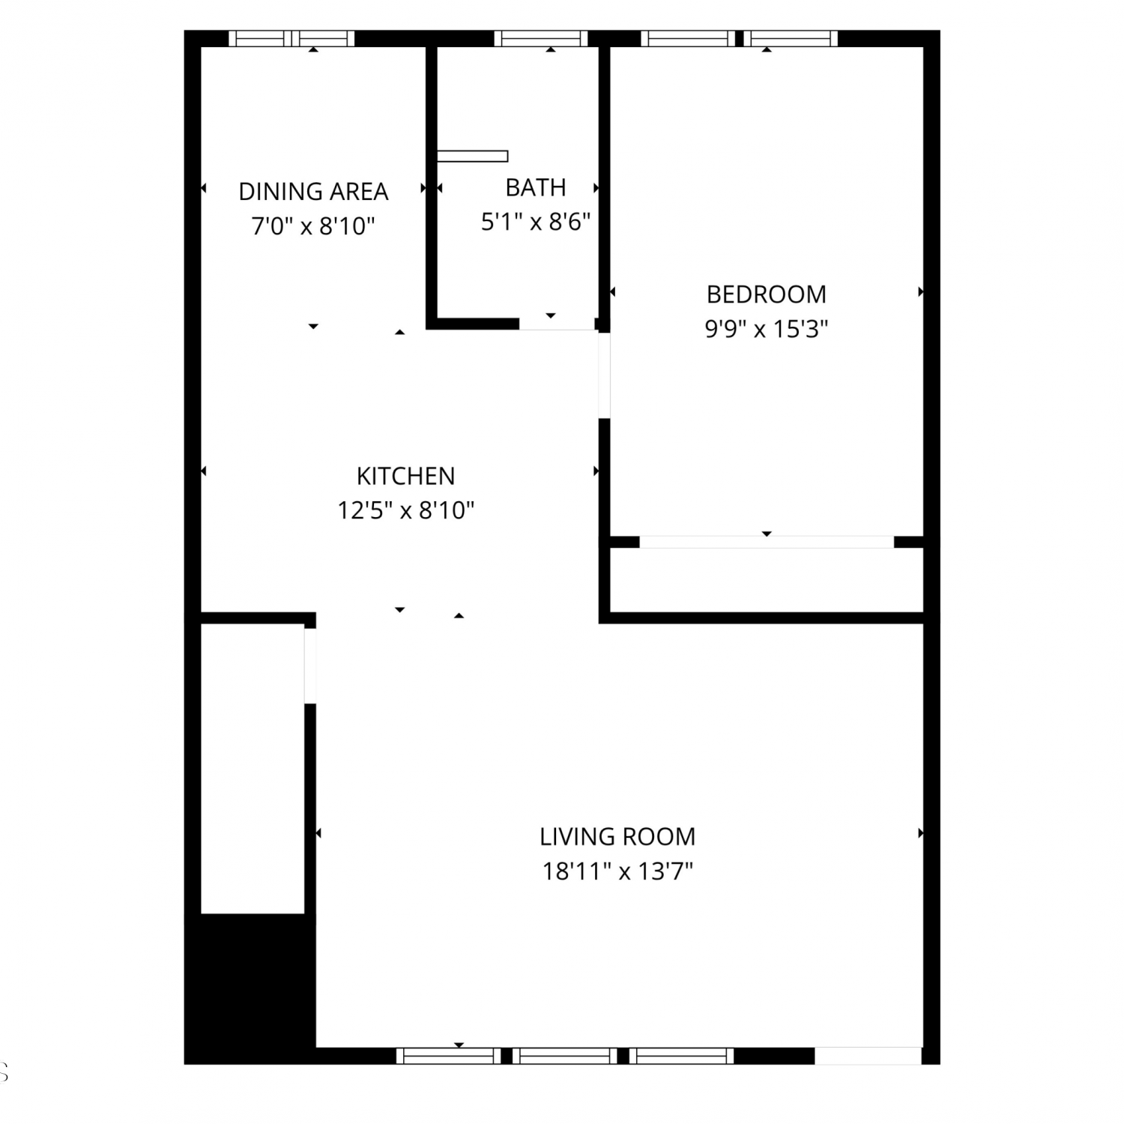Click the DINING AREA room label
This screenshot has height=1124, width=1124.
tap(313, 192)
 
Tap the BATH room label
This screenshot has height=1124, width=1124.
tap(536, 187)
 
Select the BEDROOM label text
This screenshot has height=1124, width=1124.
tap(767, 294)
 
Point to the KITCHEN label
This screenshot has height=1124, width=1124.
tap(405, 476)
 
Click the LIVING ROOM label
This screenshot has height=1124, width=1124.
tap(617, 836)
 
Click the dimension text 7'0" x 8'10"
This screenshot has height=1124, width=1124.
tap(313, 226)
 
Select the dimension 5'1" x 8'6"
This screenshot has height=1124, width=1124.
tap(536, 222)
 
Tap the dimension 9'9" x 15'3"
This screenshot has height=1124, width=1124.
tap(767, 329)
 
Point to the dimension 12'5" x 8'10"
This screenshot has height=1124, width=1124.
tap(405, 510)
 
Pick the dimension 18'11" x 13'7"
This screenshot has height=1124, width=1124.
tap(617, 871)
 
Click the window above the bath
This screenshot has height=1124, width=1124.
tap(541, 38)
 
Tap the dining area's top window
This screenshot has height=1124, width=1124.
tap(291, 38)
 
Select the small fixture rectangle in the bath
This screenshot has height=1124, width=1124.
tap(472, 157)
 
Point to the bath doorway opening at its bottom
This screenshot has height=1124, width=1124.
tap(557, 324)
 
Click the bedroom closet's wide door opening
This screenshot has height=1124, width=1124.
tap(767, 542)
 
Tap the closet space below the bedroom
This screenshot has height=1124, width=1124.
tap(767, 580)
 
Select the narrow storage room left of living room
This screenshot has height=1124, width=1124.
tap(253, 769)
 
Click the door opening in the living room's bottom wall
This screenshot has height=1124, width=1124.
tap(868, 1056)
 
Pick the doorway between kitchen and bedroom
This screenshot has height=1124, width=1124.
tap(604, 375)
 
